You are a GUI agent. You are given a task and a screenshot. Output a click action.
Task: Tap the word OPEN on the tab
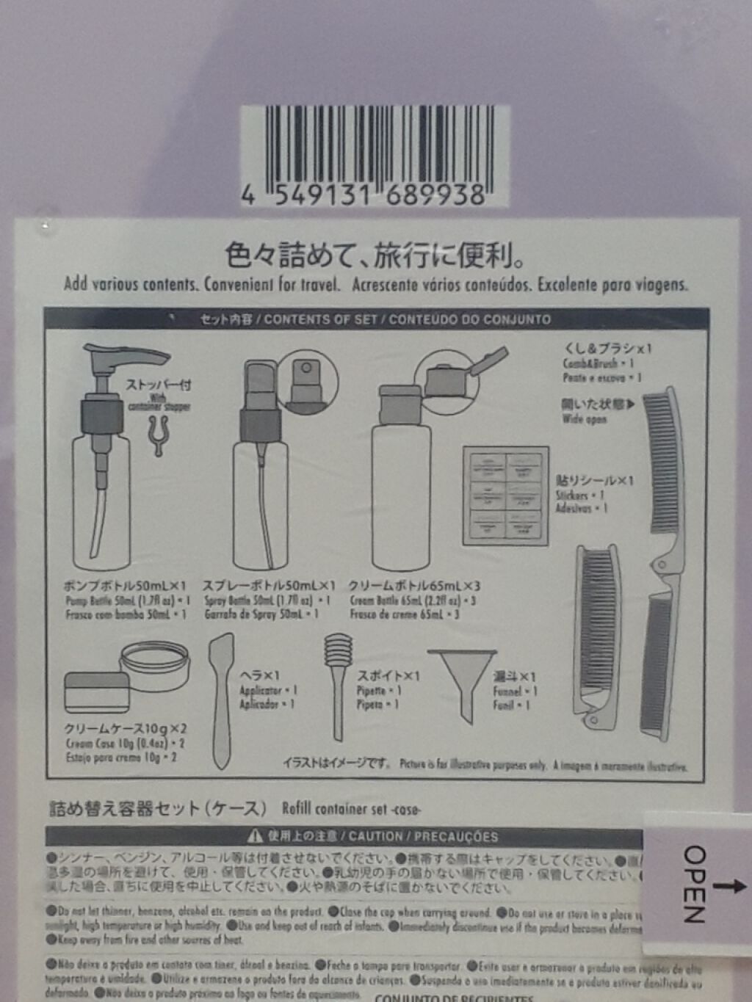pyautogui.click(x=694, y=884)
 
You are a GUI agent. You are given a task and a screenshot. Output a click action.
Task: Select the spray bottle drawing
pyautogui.click(x=261, y=477)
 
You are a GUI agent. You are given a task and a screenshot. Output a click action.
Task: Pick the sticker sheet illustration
pyautogui.click(x=505, y=495)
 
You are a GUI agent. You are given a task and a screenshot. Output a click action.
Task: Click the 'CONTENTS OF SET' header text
pyautogui.click(x=319, y=319)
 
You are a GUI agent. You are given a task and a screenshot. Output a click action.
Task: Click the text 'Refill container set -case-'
pyautogui.click(x=351, y=809)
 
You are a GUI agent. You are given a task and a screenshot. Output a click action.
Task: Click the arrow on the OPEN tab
pyautogui.click(x=728, y=886)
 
